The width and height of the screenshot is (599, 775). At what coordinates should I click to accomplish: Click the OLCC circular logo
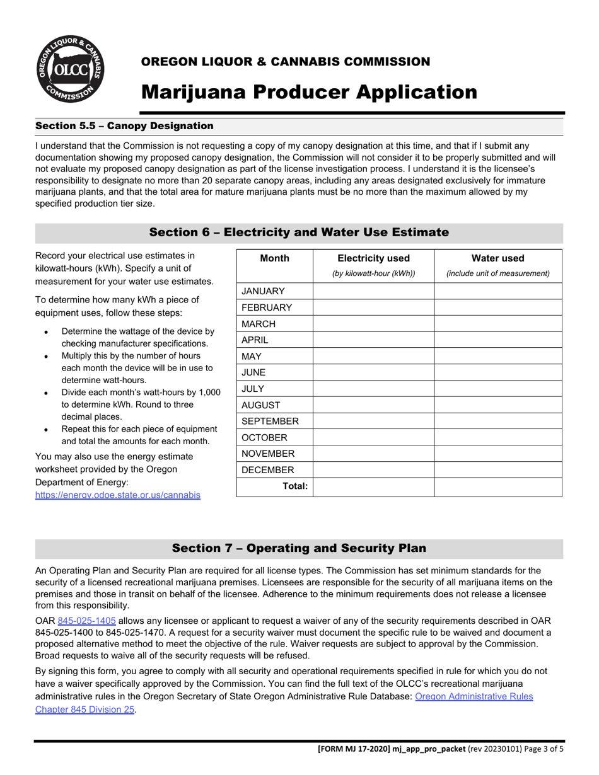coord(69,69)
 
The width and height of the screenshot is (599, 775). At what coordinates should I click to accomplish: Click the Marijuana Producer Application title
coord(309,92)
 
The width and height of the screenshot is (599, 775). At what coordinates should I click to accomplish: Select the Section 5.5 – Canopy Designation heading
coord(124,126)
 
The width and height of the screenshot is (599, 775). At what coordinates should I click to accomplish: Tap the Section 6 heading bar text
coord(299,233)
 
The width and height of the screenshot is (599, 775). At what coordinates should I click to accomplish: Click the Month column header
coord(274,258)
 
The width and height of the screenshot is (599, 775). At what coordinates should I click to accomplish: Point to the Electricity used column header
coord(373,258)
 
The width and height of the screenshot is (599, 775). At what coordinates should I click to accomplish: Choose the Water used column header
coord(497,258)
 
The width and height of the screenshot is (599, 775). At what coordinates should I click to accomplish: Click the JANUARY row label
coord(263,291)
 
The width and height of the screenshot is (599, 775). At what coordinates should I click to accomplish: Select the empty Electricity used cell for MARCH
coord(373,324)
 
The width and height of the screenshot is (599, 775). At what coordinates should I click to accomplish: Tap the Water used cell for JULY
coord(497,389)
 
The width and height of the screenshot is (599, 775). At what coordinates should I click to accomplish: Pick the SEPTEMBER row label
coord(270,422)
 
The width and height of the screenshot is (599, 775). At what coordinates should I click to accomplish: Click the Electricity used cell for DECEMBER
coord(373,470)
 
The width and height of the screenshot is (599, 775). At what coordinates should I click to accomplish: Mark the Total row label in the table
coord(295,486)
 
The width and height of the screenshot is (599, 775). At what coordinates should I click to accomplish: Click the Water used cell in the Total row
coord(497,487)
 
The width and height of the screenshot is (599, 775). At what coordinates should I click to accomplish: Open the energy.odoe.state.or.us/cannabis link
coord(118,495)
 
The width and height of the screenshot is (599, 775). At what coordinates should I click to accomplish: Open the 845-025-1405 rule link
coord(86,621)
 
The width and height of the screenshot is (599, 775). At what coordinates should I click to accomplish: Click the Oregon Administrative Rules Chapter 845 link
coord(474,697)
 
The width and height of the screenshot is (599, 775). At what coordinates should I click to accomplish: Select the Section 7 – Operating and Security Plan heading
coord(299,548)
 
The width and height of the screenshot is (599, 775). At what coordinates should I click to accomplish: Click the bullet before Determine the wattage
coord(46,332)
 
